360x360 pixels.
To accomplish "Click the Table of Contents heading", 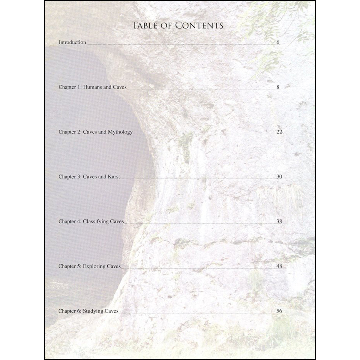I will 178,26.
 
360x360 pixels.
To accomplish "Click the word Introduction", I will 72,42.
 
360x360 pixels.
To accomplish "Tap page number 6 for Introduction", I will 278,42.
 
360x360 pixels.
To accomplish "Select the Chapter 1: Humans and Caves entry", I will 92,87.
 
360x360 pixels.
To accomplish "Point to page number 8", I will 278,87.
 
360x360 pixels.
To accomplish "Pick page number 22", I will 279,132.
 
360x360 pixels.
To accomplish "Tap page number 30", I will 279,177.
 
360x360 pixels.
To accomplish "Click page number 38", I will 279,222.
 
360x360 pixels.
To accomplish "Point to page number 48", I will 279,266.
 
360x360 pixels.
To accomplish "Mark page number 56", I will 279,311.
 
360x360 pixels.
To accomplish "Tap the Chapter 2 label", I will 70,132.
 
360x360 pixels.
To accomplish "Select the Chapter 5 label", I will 70,266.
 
